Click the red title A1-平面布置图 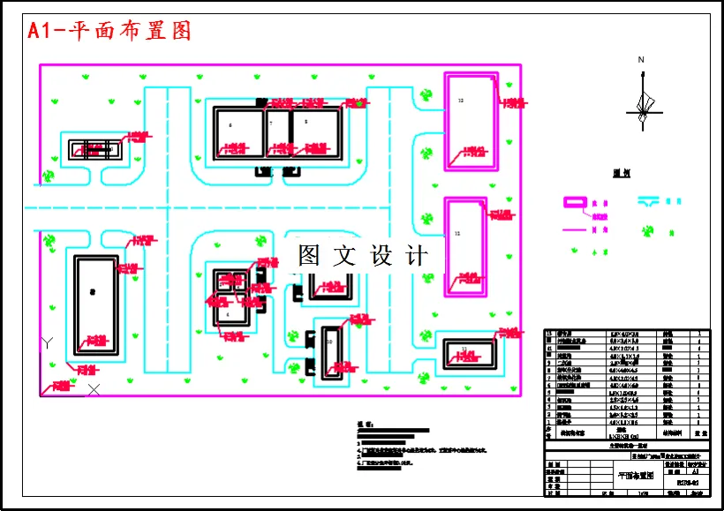coord(110,31)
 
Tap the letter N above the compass coord(642,60)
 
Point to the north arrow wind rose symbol coord(642,103)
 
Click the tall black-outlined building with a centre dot coord(95,305)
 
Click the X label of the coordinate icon coord(94,388)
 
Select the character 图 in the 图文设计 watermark coord(309,256)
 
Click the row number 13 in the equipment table coord(551,334)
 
